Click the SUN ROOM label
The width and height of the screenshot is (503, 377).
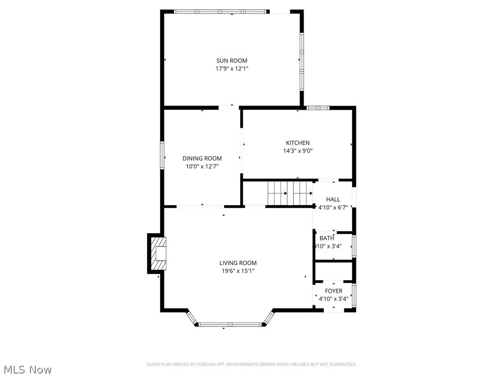tap(232, 61)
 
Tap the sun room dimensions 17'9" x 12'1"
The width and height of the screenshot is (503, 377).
tap(232, 69)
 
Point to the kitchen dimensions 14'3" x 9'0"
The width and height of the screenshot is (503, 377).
tap(298, 151)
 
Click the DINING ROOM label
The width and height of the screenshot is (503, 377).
tap(202, 159)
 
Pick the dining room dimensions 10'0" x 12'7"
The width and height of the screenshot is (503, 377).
tap(202, 166)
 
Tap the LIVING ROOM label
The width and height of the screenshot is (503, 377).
tap(238, 263)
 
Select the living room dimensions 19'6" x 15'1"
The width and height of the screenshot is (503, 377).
tap(238, 271)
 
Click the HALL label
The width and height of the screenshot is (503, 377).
tap(333, 199)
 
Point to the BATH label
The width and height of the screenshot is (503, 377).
tap(327, 239)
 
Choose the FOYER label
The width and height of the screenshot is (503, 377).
tap(334, 291)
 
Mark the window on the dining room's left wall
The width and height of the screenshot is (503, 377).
tap(162, 156)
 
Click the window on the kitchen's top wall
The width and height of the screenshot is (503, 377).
tap(318, 108)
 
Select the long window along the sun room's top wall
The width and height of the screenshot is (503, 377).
tap(221, 11)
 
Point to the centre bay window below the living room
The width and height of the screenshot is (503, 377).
tap(230, 324)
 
